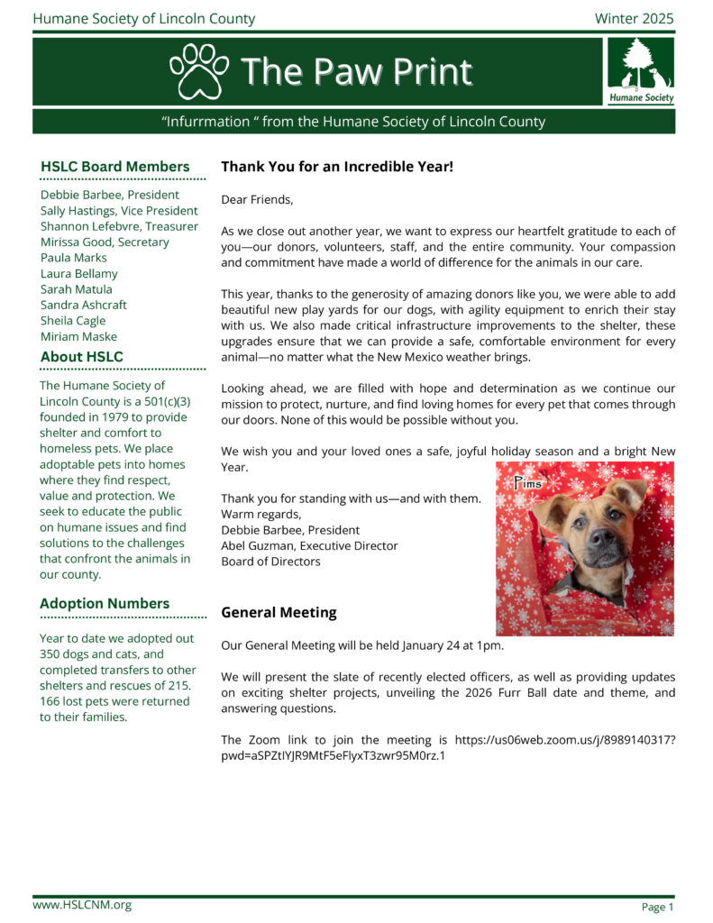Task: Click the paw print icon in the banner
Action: (x=199, y=70)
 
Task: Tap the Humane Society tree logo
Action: (x=640, y=70)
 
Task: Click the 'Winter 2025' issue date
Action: (x=634, y=19)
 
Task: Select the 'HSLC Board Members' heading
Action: (x=115, y=167)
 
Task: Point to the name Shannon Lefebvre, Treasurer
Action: (x=119, y=226)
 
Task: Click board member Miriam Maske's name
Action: (x=78, y=336)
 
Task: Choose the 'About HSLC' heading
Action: (x=82, y=357)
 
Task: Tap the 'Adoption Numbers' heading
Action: (x=105, y=604)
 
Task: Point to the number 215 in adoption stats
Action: (x=180, y=686)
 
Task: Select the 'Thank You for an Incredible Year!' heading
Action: (x=337, y=167)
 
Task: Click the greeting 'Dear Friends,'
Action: (x=257, y=199)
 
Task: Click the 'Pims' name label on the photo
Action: (x=528, y=483)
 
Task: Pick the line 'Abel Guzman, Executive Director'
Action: (x=309, y=545)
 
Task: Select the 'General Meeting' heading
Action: (x=279, y=613)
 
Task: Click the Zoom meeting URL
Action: (x=448, y=748)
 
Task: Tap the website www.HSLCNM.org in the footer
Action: (x=82, y=905)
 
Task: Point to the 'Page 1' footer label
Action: (x=657, y=907)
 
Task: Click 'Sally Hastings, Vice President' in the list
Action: (x=119, y=211)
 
